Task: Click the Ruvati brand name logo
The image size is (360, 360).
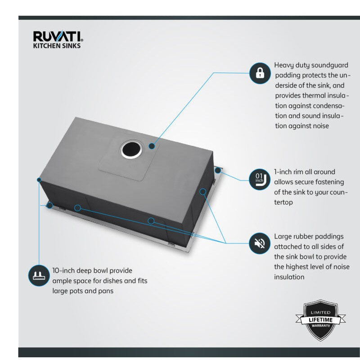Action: click(x=58, y=36)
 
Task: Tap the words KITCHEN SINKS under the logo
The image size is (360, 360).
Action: click(x=57, y=46)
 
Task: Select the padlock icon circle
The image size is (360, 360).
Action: click(x=260, y=73)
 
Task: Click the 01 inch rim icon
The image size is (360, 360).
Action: click(x=260, y=179)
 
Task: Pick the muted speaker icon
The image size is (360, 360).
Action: click(x=260, y=243)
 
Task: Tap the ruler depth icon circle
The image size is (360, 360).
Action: click(x=39, y=275)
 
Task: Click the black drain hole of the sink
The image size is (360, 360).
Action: click(x=132, y=149)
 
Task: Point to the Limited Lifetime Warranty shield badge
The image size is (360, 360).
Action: click(x=320, y=320)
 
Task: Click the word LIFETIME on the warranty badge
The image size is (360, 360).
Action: click(x=320, y=320)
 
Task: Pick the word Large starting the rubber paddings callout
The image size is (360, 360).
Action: click(x=283, y=237)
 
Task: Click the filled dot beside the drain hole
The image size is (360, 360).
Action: click(x=152, y=146)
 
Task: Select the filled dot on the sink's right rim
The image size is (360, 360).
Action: click(x=218, y=171)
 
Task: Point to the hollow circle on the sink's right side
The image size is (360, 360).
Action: click(x=202, y=192)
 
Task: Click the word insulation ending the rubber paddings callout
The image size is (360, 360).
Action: click(x=289, y=277)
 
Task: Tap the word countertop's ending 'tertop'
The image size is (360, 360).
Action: click(x=283, y=202)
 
